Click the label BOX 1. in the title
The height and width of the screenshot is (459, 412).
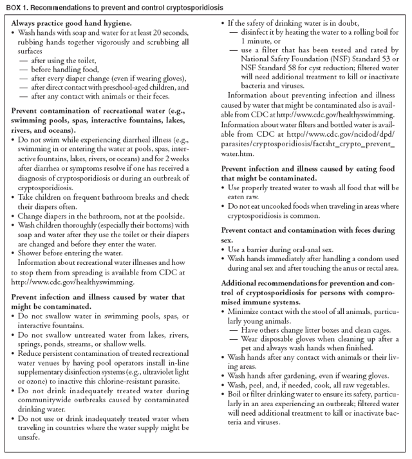16,7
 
